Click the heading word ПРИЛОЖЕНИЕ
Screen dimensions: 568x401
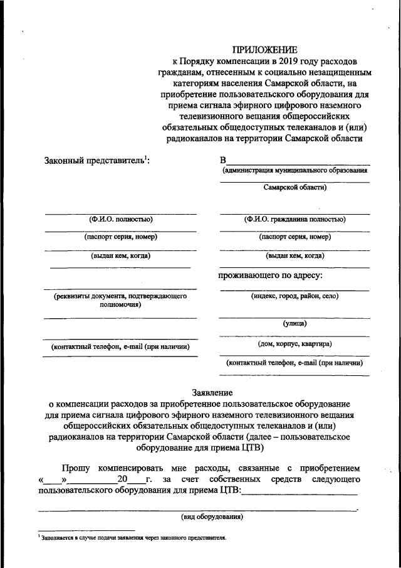[x=266, y=50]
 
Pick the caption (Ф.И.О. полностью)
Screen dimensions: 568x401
[x=120, y=220]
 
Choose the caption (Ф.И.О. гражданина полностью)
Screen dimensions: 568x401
[x=294, y=220]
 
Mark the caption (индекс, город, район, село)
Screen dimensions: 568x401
[x=294, y=295]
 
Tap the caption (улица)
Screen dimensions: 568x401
[x=294, y=324]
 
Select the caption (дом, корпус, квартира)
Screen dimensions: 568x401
[x=294, y=344]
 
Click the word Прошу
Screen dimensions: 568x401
[x=76, y=468]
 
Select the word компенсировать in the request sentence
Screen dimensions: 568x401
[x=128, y=468]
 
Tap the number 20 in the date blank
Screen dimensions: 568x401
[x=122, y=480]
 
